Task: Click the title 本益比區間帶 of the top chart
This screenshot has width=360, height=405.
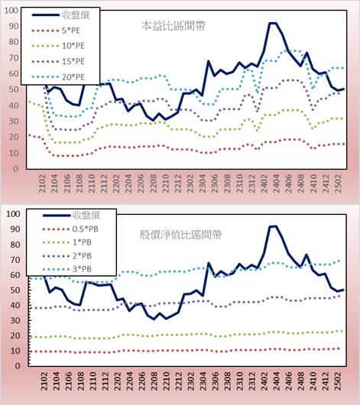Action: click(x=174, y=26)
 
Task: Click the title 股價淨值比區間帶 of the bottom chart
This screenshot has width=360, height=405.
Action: click(x=180, y=235)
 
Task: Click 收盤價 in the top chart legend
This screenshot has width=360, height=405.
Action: click(x=76, y=15)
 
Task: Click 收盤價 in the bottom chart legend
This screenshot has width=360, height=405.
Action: click(x=86, y=215)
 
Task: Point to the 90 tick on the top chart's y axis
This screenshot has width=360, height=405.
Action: click(x=14, y=26)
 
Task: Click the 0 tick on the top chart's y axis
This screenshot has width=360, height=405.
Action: click(x=16, y=169)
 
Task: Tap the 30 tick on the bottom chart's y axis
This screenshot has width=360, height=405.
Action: click(x=15, y=320)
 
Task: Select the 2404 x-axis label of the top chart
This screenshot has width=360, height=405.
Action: click(x=276, y=183)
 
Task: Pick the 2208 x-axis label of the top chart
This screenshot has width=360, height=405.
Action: click(x=154, y=183)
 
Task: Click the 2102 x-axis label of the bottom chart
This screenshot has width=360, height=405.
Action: click(x=44, y=381)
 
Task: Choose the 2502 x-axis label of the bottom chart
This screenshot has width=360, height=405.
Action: click(x=339, y=381)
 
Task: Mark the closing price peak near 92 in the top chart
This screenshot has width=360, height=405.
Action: click(x=273, y=23)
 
